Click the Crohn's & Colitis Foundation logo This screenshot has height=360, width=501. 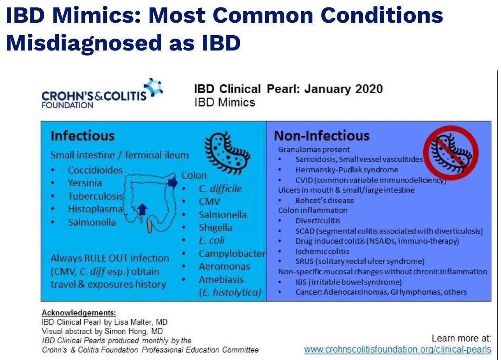tap(102, 93)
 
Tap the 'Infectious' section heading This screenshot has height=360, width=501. tap(82, 136)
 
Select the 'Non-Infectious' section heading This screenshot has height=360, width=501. tap(322, 136)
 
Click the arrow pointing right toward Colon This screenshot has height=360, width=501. tap(172, 183)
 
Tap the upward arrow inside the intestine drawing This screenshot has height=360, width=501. tap(142, 209)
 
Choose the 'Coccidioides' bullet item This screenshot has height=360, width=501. tap(95, 170)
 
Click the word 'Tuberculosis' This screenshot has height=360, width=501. tap(95, 196)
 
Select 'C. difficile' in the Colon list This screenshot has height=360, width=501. tap(220, 189)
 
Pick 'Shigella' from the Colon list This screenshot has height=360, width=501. tap(216, 227)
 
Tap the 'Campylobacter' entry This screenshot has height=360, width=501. tap(232, 253)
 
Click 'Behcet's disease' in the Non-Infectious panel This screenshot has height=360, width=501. tap(325, 200)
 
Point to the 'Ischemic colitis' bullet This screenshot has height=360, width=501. tap(323, 252)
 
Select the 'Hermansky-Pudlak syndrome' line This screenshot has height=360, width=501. tap(347, 170)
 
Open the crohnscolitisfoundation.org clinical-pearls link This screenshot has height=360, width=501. tap(398, 349)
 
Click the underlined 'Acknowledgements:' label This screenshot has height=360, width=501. tap(79, 313)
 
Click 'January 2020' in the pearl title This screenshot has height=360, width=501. tap(343, 89)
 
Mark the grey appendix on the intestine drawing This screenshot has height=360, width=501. tap(150, 226)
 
